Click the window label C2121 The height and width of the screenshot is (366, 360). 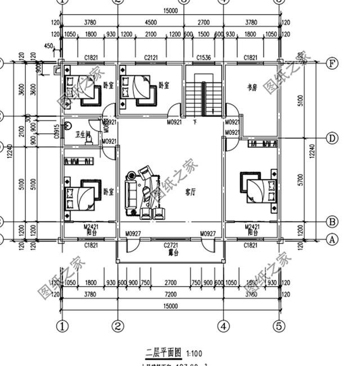coord(150,57)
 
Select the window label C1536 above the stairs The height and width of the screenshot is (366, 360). coord(204,57)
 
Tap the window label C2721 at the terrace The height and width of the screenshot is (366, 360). coord(170,246)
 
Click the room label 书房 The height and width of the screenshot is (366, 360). coord(252,87)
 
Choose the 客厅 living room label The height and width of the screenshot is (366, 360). coord(190,192)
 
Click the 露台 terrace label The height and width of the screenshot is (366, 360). coord(170,253)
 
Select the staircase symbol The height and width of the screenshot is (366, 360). coord(204,96)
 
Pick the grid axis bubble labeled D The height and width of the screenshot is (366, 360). coord(332,138)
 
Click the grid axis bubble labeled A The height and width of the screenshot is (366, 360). coord(332,239)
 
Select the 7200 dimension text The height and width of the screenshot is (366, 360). coord(170,293)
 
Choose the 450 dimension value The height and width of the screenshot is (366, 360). coord(48,46)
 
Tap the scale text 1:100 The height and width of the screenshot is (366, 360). coord(193,354)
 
